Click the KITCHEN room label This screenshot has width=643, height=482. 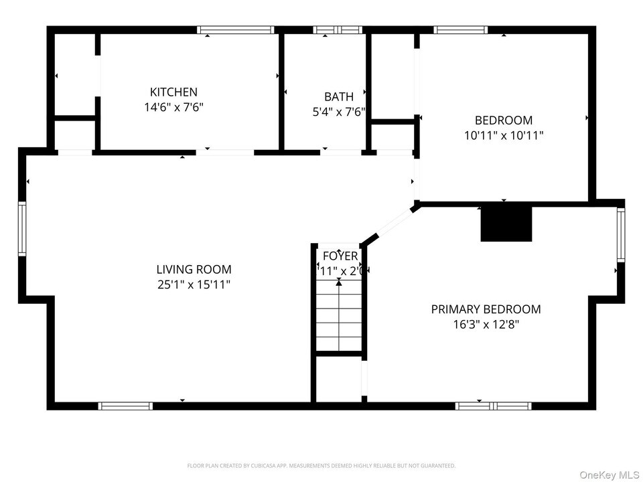pyautogui.click(x=173, y=92)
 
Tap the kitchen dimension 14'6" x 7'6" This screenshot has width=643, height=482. pyautogui.click(x=173, y=106)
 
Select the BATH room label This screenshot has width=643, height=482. pyautogui.click(x=339, y=97)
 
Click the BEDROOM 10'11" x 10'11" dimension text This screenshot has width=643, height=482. pyautogui.click(x=504, y=135)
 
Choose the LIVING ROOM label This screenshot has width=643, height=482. pyautogui.click(x=194, y=270)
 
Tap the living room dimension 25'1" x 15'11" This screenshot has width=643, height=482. pyautogui.click(x=194, y=285)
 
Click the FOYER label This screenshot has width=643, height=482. pyautogui.click(x=340, y=256)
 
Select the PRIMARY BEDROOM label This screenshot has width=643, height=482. pyautogui.click(x=486, y=309)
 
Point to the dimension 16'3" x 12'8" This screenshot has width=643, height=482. pyautogui.click(x=486, y=325)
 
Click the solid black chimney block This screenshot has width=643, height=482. pyautogui.click(x=506, y=224)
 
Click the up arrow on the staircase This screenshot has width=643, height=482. pyautogui.click(x=339, y=284)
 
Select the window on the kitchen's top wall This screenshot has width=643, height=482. pyautogui.click(x=236, y=29)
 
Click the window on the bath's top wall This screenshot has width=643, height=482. pyautogui.click(x=338, y=29)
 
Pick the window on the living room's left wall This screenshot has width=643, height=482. pyautogui.click(x=22, y=230)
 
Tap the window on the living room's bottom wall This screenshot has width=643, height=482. pyautogui.click(x=125, y=406)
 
